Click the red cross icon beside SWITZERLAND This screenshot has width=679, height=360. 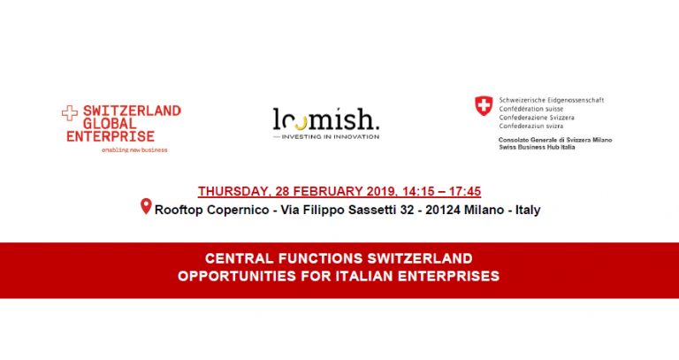coord(70,113)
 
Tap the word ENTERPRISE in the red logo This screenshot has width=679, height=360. coord(111,136)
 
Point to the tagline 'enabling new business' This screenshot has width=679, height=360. coord(134,149)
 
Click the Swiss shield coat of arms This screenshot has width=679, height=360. coord(484,106)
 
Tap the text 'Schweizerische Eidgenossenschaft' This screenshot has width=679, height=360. coord(552,100)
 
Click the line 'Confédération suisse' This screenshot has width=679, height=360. coord(530,109)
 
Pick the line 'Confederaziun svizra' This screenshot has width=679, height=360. coord(530,126)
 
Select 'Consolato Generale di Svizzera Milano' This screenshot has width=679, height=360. coord(555,140)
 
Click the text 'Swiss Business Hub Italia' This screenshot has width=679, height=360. coord(537,148)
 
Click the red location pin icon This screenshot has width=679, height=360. coord(146,206)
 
